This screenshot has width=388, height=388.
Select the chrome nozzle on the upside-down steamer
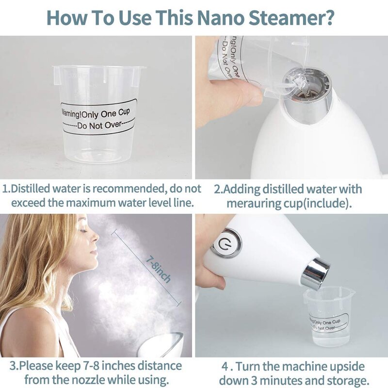click(x=315, y=274)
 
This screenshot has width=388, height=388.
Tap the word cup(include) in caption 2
click(x=323, y=203)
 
